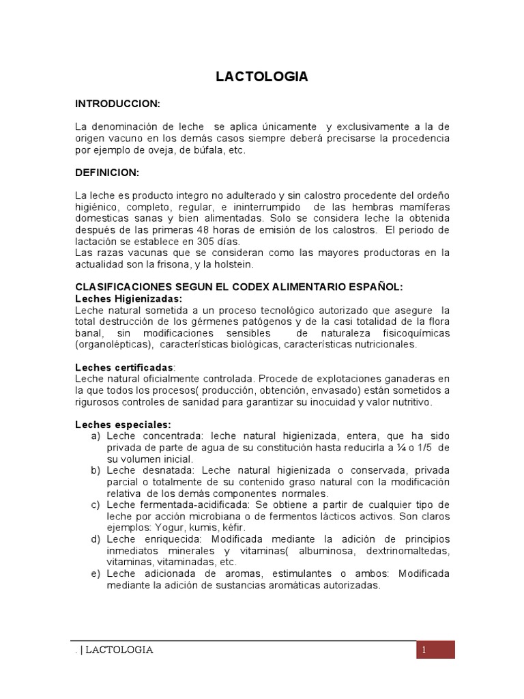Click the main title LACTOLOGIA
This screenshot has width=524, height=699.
pyautogui.click(x=262, y=77)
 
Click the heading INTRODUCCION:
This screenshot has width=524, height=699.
pyautogui.click(x=117, y=103)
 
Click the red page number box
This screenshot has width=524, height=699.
pyautogui.click(x=435, y=650)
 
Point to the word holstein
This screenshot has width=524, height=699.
pyautogui.click(x=242, y=264)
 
